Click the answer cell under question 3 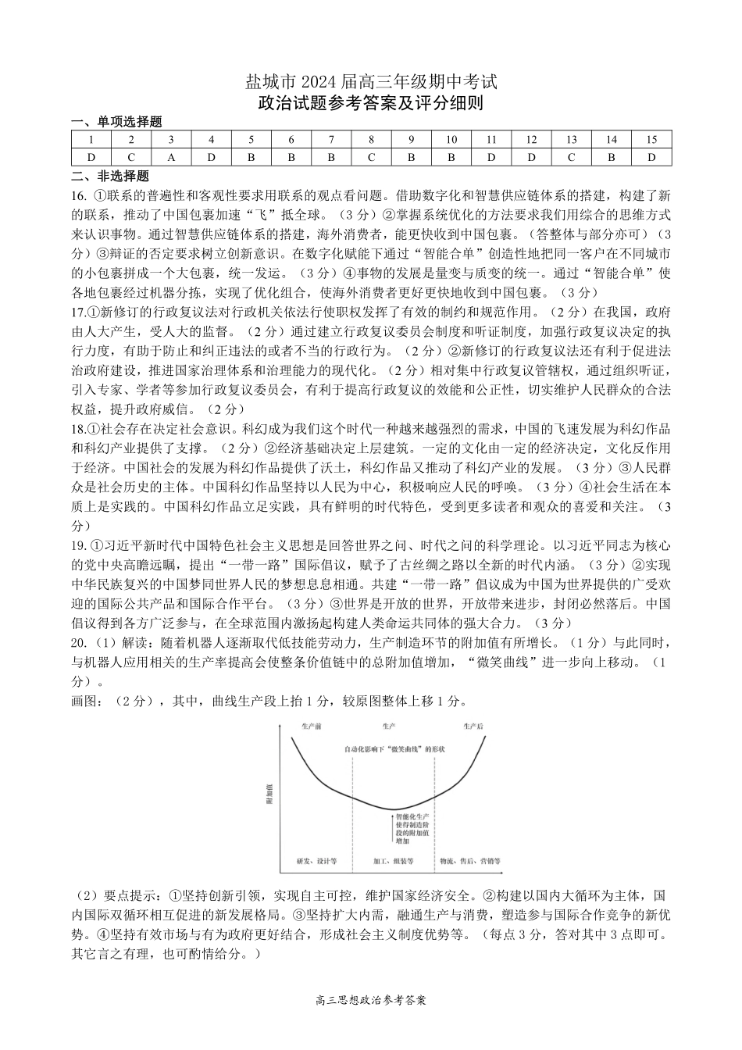(x=171, y=157)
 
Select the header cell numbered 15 (x=651, y=140)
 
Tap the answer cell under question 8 (x=372, y=157)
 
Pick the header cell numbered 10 (x=451, y=140)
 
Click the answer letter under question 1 (x=91, y=157)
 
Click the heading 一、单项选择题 (x=116, y=122)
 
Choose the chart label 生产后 (x=473, y=727)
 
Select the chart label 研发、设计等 (x=316, y=861)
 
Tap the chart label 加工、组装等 (x=393, y=861)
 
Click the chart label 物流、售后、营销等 (x=469, y=861)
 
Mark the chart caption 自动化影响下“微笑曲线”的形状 (x=394, y=749)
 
